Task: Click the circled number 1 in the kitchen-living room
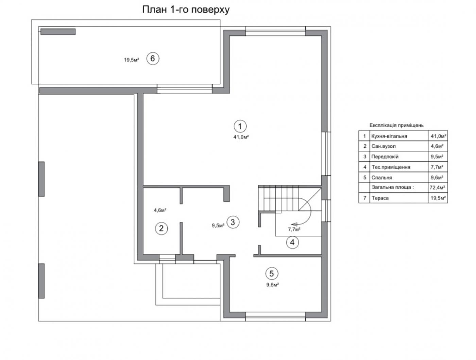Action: [240, 126]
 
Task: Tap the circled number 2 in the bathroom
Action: [161, 228]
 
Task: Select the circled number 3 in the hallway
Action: [233, 222]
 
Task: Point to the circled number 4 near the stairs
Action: [292, 242]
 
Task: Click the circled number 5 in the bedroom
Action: [272, 274]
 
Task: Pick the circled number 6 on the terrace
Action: [153, 59]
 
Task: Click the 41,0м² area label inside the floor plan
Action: [241, 137]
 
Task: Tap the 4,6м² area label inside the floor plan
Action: [160, 210]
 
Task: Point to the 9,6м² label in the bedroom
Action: [273, 285]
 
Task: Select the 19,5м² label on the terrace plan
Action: [132, 60]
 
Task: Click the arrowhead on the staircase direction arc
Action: [294, 224]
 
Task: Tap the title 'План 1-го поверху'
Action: [186, 10]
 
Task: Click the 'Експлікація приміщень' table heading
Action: [396, 125]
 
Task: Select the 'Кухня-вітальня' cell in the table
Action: [389, 136]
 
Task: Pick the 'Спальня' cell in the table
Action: [382, 178]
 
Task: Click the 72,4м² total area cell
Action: [437, 187]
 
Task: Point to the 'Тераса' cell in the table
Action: [380, 198]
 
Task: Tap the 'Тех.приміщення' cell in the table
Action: [391, 167]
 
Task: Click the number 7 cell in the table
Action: [364, 198]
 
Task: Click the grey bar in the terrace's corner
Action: [58, 32]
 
